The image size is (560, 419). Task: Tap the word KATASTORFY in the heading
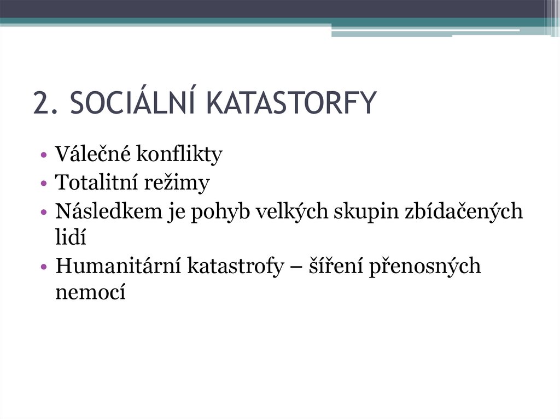coord(293,103)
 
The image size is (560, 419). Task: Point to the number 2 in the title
coord(39,103)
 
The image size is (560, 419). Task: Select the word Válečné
coord(92,155)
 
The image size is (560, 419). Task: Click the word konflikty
coord(179,155)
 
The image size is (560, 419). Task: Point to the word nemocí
coord(91,292)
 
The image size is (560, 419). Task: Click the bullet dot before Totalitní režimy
coord(43,184)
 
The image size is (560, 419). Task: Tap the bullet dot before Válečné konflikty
coord(43,155)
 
